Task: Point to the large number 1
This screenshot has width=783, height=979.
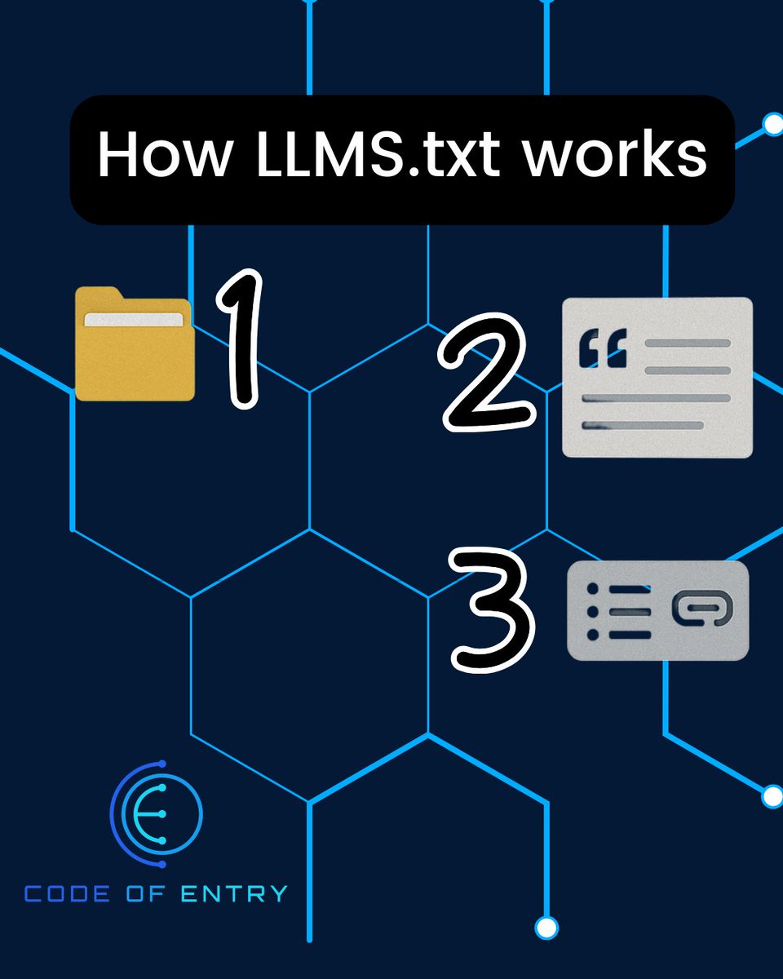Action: pyautogui.click(x=238, y=340)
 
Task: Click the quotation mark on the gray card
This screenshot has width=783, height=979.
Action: pyautogui.click(x=603, y=349)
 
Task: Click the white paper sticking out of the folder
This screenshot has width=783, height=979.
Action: pyautogui.click(x=135, y=319)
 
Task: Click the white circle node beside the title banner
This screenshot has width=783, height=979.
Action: pyautogui.click(x=772, y=125)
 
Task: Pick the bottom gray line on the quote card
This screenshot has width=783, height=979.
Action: pyautogui.click(x=644, y=425)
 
